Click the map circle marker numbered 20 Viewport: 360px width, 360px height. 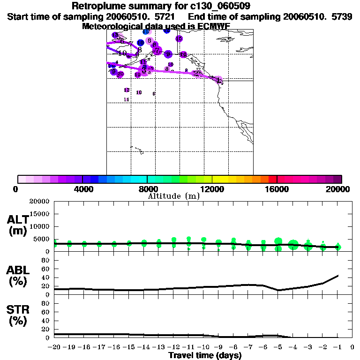[x=120, y=74]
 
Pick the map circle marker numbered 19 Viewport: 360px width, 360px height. [x=137, y=75]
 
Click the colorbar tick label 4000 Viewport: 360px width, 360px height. [x=82, y=189]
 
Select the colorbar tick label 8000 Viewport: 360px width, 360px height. [x=147, y=189]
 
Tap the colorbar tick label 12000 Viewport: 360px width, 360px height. [x=212, y=189]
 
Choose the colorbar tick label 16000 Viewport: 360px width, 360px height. [x=277, y=189]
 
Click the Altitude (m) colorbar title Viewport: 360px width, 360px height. [x=173, y=196]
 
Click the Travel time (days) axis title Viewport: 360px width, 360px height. [x=205, y=356]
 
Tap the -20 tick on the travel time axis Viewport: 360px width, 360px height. [x=54, y=347]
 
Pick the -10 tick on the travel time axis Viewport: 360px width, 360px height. [x=203, y=347]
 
